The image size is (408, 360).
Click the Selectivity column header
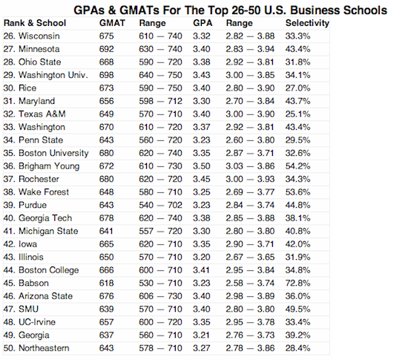point(307,23)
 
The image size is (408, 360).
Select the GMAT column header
point(112,23)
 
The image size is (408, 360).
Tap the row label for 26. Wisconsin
point(31,36)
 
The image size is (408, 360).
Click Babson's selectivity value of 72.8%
point(297,283)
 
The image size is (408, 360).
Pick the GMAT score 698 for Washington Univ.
point(106,75)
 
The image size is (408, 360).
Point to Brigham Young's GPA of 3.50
point(201,166)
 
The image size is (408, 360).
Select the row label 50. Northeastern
point(36,348)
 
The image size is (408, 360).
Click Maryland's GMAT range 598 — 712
point(160,101)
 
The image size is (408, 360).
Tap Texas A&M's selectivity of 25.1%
point(297,114)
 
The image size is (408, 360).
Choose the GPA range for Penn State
point(250,140)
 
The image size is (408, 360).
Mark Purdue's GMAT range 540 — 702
point(160,205)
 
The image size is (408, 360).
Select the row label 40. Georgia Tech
point(38,218)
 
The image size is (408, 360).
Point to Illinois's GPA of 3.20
point(201,257)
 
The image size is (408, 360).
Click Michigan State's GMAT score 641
point(106,231)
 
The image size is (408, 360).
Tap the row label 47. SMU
point(21,309)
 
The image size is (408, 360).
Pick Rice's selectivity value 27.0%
point(297,88)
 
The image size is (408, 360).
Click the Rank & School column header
point(35,23)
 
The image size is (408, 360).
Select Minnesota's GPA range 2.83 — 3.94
point(250,49)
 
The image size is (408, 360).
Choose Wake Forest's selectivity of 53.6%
point(297,192)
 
